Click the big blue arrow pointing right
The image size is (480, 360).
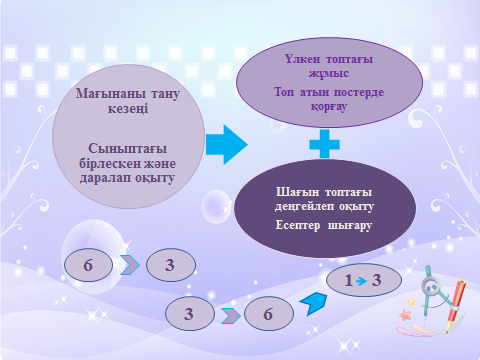(227, 145)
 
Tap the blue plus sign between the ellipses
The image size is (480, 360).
(324, 144)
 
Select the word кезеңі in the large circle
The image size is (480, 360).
(128, 109)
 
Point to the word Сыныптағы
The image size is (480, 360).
(128, 149)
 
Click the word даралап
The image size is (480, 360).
(105, 178)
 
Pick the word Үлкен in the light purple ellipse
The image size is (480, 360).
(302, 59)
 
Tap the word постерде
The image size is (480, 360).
(359, 92)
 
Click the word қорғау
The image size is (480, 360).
(329, 107)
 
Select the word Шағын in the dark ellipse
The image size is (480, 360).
(297, 192)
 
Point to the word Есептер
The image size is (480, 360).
(298, 225)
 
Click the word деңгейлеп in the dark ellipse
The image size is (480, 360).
(304, 207)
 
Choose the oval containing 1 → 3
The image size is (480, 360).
(364, 280)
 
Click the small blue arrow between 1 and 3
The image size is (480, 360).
(361, 281)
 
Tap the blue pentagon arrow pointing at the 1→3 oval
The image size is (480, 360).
(314, 303)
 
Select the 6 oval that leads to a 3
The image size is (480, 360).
(88, 265)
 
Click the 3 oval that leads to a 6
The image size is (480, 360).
(190, 314)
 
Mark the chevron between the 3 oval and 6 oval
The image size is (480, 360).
(230, 316)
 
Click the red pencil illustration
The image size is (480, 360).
(455, 305)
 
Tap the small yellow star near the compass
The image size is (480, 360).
(412, 302)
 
